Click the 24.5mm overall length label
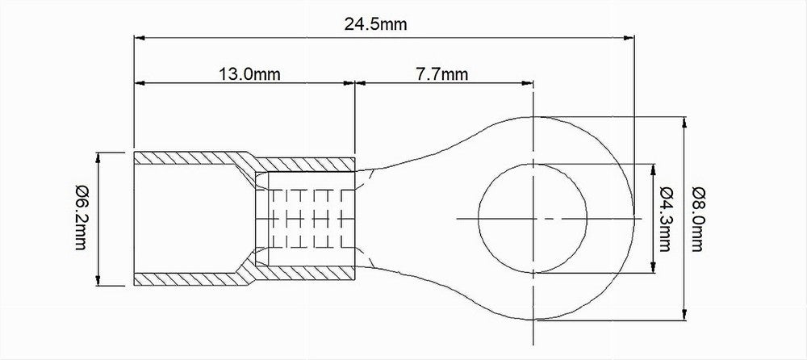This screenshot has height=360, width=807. [x=375, y=23]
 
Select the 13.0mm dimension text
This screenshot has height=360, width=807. [x=249, y=74]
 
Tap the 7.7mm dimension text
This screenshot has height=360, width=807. [x=442, y=74]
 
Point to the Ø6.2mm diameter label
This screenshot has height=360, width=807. [x=80, y=218]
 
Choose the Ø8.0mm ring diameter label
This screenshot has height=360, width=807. [x=696, y=219]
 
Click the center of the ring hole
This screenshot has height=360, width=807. [x=533, y=219]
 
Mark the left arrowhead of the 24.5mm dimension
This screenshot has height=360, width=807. [x=140, y=38]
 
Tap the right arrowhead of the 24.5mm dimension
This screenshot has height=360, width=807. [x=629, y=38]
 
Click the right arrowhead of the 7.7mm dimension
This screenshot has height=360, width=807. [x=528, y=82]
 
